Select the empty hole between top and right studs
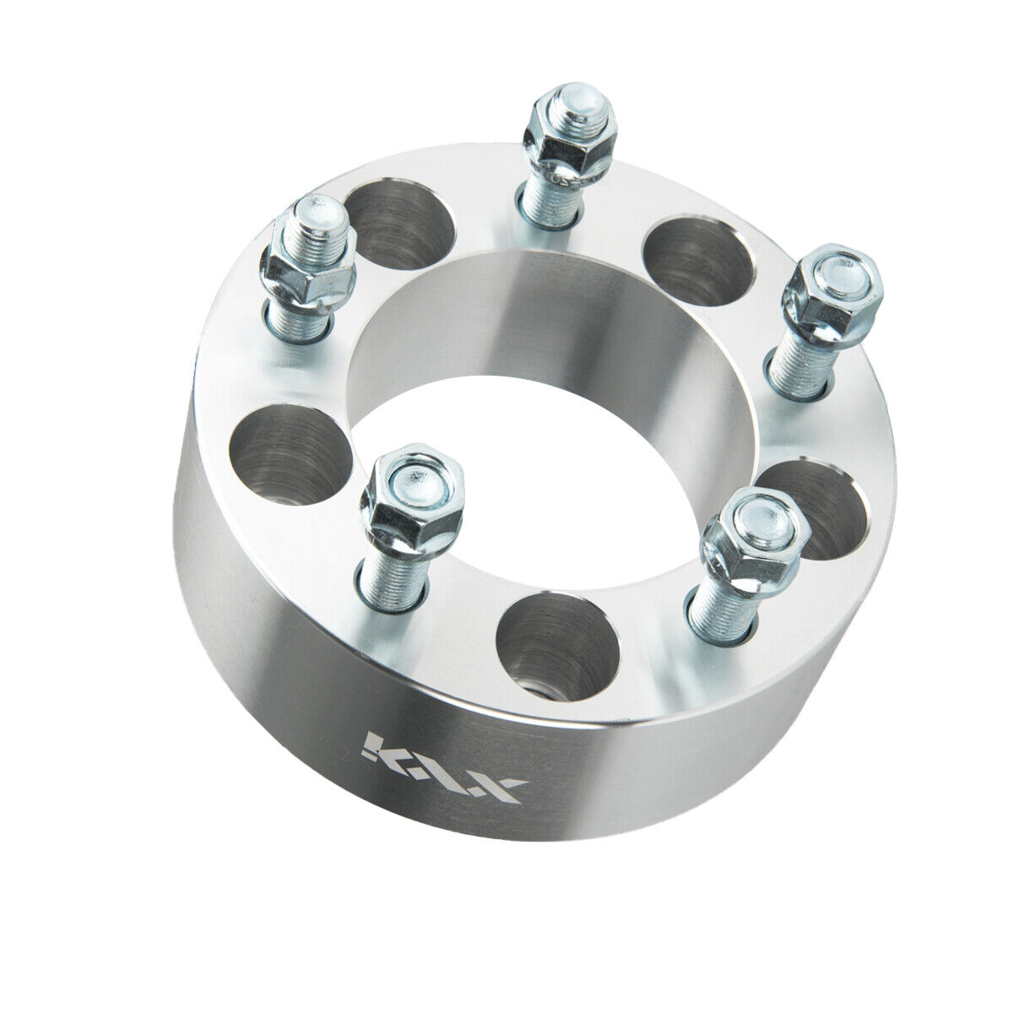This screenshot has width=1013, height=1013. [697, 262]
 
